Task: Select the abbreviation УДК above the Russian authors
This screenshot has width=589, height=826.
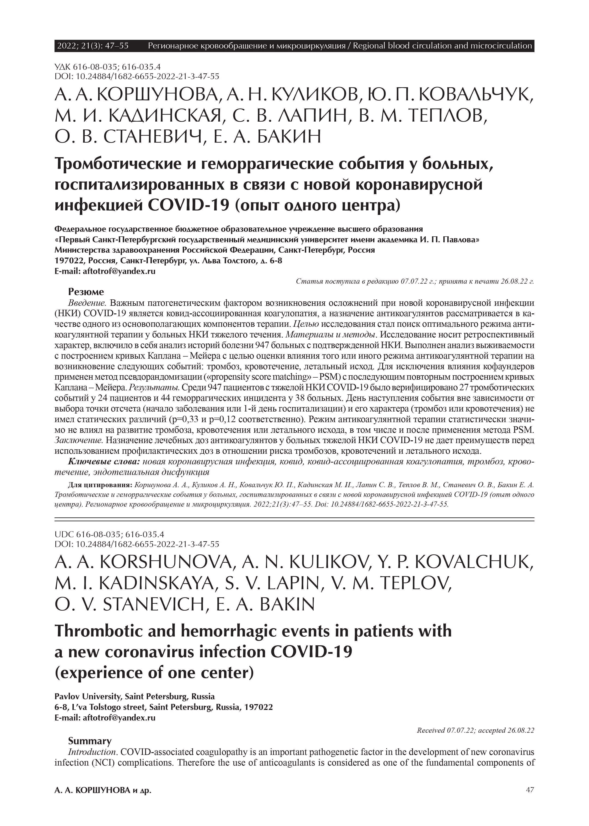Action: pos(63,67)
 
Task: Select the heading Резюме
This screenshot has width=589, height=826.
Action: pos(86,292)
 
